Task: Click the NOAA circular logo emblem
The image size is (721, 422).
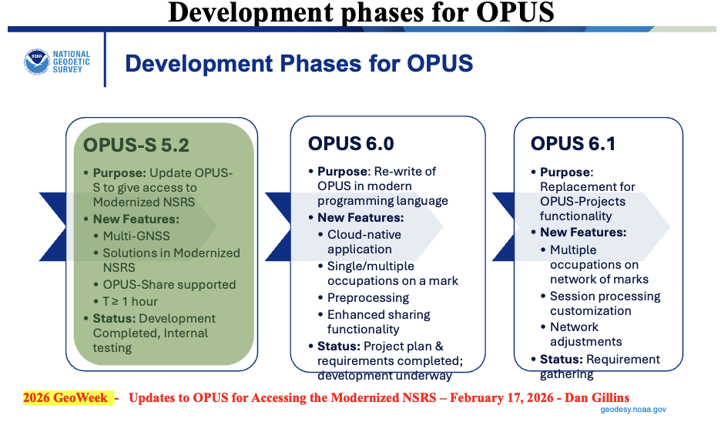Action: [x=37, y=62]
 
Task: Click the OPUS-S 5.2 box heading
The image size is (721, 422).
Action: [x=136, y=146]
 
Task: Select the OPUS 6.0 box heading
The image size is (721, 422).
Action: [x=350, y=144]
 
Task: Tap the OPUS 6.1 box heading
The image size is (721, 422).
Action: [x=573, y=144]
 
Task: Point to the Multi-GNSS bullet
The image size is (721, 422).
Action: [x=136, y=236]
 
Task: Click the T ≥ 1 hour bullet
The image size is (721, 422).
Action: [x=130, y=302]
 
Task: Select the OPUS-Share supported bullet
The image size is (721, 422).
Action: [x=169, y=285]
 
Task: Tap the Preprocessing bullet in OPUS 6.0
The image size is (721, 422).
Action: [x=368, y=298]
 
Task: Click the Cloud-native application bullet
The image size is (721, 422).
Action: [x=364, y=242]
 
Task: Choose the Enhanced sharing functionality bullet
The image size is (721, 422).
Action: [x=378, y=322]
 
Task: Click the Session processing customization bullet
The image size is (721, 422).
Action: [x=605, y=303]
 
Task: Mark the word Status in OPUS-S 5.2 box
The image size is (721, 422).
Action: [x=114, y=319]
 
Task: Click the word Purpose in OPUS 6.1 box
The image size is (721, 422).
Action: [x=566, y=172]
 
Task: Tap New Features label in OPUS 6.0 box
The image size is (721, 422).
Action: [x=360, y=217]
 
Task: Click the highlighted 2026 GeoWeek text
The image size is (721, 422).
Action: [x=65, y=397]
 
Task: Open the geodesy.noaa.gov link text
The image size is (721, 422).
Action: [x=633, y=409]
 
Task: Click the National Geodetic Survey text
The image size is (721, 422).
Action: [x=72, y=62]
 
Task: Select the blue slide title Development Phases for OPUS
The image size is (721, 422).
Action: [x=299, y=63]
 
